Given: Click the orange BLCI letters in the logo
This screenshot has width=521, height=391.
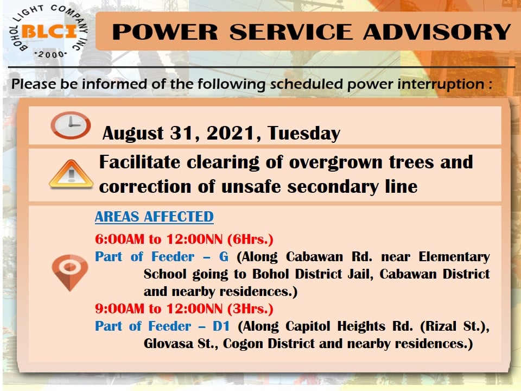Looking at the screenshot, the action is click(49, 32).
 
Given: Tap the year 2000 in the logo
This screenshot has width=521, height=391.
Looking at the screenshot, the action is click(51, 54).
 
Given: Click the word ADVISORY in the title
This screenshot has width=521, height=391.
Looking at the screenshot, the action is click(437, 32).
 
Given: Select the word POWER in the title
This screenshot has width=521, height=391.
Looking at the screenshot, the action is click(165, 32).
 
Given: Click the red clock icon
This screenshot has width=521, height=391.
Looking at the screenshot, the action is click(71, 125).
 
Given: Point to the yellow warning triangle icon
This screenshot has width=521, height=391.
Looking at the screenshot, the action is click(71, 174).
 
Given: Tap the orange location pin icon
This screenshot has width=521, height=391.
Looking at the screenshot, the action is click(70, 272).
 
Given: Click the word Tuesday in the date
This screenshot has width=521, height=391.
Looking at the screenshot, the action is click(304, 134).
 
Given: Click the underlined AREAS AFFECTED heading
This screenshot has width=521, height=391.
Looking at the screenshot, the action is click(154, 217).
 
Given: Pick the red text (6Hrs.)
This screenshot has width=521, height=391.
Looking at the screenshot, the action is click(250, 239).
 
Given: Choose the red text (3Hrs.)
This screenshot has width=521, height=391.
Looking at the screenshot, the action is click(250, 309).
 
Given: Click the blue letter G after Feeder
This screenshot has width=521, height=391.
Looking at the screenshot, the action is click(224, 257).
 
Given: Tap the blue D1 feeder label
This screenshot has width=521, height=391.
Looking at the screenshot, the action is click(221, 326).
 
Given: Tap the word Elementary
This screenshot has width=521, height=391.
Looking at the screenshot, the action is click(454, 257).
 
